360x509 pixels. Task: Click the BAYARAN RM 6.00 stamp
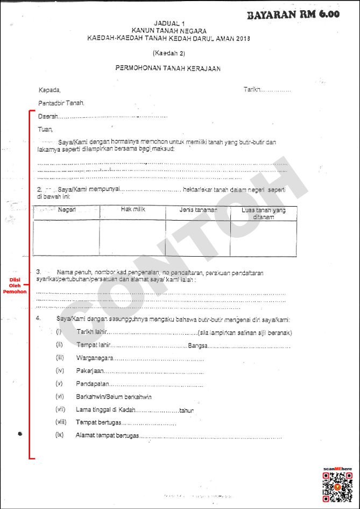pyautogui.click(x=293, y=15)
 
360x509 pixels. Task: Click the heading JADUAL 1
pyautogui.click(x=169, y=24)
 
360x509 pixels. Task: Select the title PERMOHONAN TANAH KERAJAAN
pyautogui.click(x=168, y=68)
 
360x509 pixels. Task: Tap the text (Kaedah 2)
pyautogui.click(x=168, y=53)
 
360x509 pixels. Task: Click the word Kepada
pyautogui.click(x=50, y=89)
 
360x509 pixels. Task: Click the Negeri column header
pyautogui.click(x=67, y=209)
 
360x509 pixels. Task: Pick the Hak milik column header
pyautogui.click(x=133, y=209)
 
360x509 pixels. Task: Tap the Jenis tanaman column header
pyautogui.click(x=198, y=209)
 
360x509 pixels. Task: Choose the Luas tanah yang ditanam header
pyautogui.click(x=264, y=213)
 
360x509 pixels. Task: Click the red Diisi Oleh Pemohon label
pyautogui.click(x=15, y=285)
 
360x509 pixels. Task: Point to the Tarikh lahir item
pyautogui.click(x=92, y=333)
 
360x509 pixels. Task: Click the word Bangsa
pyautogui.click(x=199, y=345)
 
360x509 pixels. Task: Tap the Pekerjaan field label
pyautogui.click(x=89, y=371)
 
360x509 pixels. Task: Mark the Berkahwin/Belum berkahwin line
pyautogui.click(x=114, y=397)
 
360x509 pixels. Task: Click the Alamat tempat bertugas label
pyautogui.click(x=107, y=435)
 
